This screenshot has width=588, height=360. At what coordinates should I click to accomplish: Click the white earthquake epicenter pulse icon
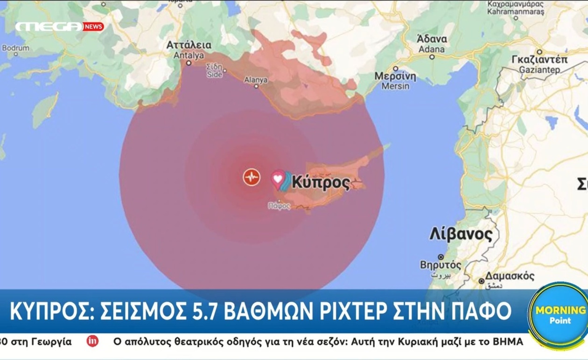point(252,177)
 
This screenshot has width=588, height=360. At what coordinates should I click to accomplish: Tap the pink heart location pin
point(278,179)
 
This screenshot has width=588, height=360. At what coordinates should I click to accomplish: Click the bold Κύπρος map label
point(321,182)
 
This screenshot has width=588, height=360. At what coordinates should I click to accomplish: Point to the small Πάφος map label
point(280,206)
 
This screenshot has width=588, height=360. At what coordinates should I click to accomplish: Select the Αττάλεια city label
point(189,45)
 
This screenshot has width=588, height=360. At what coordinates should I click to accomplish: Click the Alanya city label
point(256,80)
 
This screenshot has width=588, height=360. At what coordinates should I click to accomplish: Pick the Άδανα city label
point(432,39)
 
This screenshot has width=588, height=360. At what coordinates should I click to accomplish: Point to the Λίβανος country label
point(461,234)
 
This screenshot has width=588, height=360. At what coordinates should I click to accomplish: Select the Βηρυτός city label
point(441,265)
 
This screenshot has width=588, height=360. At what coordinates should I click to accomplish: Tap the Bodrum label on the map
point(15,48)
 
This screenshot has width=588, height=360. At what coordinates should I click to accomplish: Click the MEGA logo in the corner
point(49,27)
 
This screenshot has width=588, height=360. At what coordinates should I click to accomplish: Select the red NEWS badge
point(93,27)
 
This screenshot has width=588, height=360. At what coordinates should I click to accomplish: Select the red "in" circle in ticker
point(92,341)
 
